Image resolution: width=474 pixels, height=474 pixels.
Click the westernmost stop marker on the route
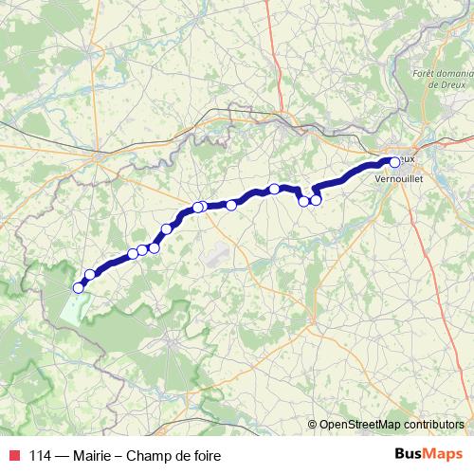click(x=79, y=287)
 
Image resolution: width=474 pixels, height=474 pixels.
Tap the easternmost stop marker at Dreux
click(x=395, y=162)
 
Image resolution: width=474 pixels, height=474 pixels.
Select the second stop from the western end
click(x=91, y=275)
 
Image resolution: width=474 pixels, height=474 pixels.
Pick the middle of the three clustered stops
click(x=142, y=250)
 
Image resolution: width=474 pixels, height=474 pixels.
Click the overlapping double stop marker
click(x=200, y=207)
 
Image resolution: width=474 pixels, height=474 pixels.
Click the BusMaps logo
click(x=429, y=455)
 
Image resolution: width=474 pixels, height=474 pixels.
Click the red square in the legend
click(x=13, y=456)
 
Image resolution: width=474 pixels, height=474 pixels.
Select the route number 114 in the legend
click(x=39, y=456)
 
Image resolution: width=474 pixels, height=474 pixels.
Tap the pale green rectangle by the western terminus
click(x=74, y=305)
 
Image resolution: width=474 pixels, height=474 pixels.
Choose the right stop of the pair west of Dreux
click(x=316, y=199)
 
